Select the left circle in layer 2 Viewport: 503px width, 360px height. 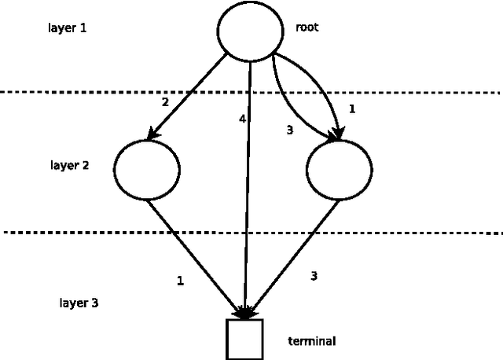[147, 169]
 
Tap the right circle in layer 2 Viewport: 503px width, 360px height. [340, 171]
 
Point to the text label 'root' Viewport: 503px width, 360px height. [307, 28]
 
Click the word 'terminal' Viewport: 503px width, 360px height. [312, 341]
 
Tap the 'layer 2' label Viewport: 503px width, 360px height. [68, 167]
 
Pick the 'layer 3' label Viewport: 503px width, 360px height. [79, 303]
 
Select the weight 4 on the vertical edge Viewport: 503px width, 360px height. [243, 119]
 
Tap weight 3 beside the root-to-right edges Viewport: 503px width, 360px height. [289, 130]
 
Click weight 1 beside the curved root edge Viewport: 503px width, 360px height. [351, 109]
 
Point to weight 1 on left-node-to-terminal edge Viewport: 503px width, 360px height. [180, 281]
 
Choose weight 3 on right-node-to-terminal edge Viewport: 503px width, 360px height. [314, 275]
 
